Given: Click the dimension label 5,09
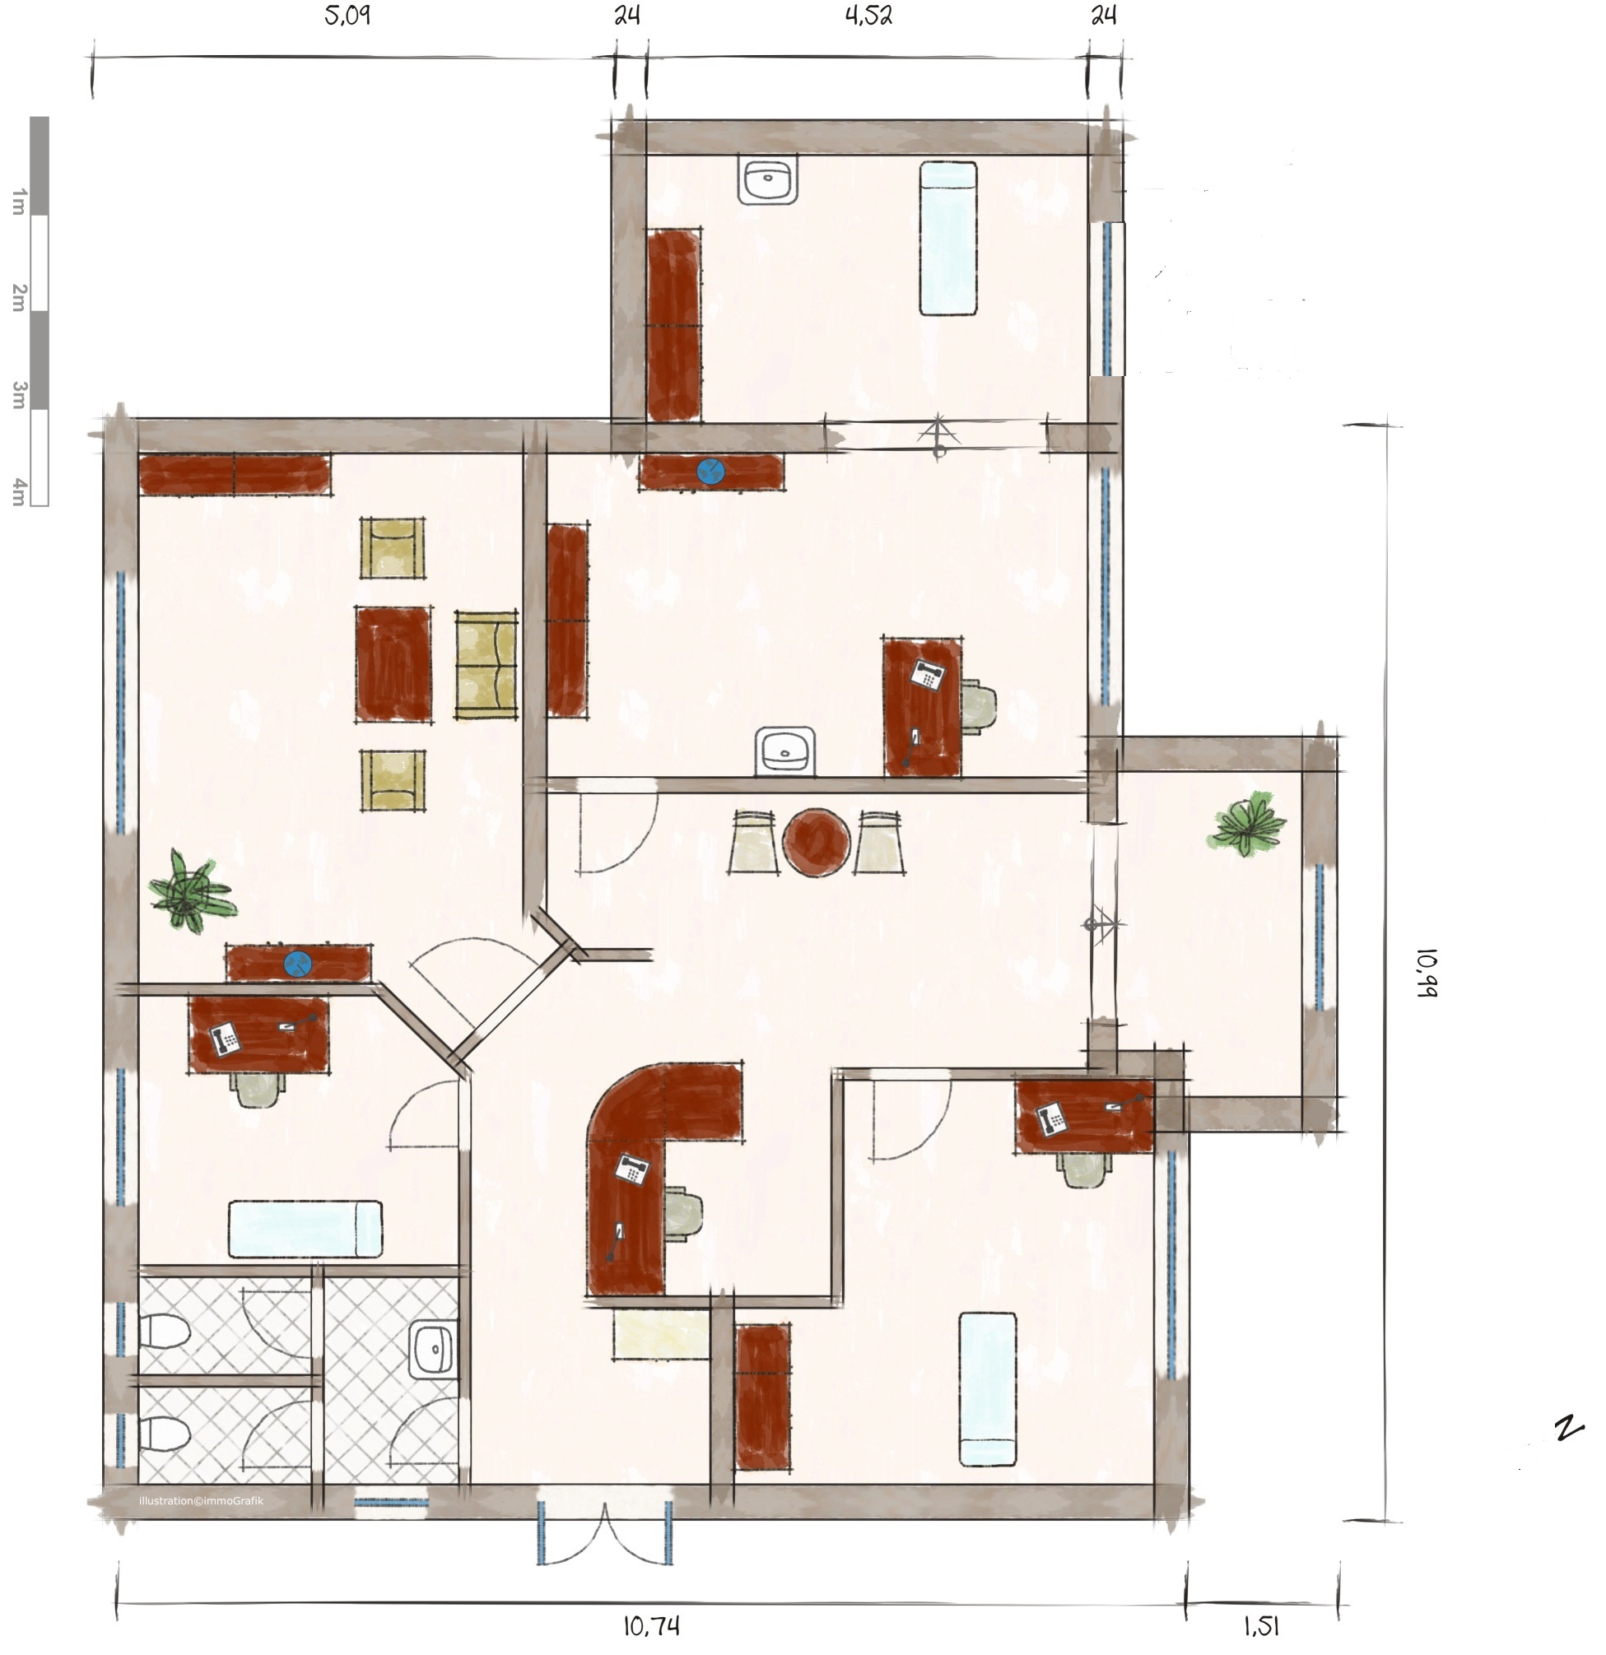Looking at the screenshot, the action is pos(347,16).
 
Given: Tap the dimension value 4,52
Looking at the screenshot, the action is pos(869,16).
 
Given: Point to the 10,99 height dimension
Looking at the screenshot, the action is pos(1427,974).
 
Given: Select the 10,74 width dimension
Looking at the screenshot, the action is pos(651,1625).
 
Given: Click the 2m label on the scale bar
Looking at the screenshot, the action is pos(19,297).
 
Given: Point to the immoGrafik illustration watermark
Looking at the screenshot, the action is pos(201,1500).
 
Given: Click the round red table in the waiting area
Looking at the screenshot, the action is pos(816,842).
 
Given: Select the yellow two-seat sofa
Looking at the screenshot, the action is pos(486,666).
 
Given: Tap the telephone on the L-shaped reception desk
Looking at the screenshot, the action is pos(631,1170).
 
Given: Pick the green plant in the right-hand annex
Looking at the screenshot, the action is pos(1248,823).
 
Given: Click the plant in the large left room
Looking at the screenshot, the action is pos(191,890).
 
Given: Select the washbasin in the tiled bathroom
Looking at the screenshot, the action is pos(433,1350).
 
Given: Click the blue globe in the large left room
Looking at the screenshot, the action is pos(297,964).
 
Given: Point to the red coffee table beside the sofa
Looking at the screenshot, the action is pos(393,663).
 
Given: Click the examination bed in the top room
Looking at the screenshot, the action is pos(948,239).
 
